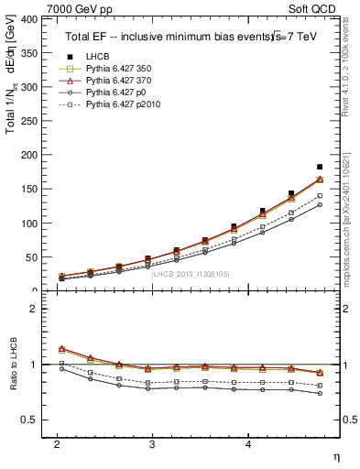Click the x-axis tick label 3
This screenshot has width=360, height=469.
pyautogui.click(x=152, y=443)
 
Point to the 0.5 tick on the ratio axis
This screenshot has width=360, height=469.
pyautogui.click(x=27, y=420)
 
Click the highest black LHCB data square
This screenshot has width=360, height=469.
pyautogui.click(x=320, y=167)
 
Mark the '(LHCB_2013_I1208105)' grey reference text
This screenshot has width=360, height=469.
pyautogui.click(x=191, y=274)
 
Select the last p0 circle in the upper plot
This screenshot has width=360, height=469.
pyautogui.click(x=320, y=204)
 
